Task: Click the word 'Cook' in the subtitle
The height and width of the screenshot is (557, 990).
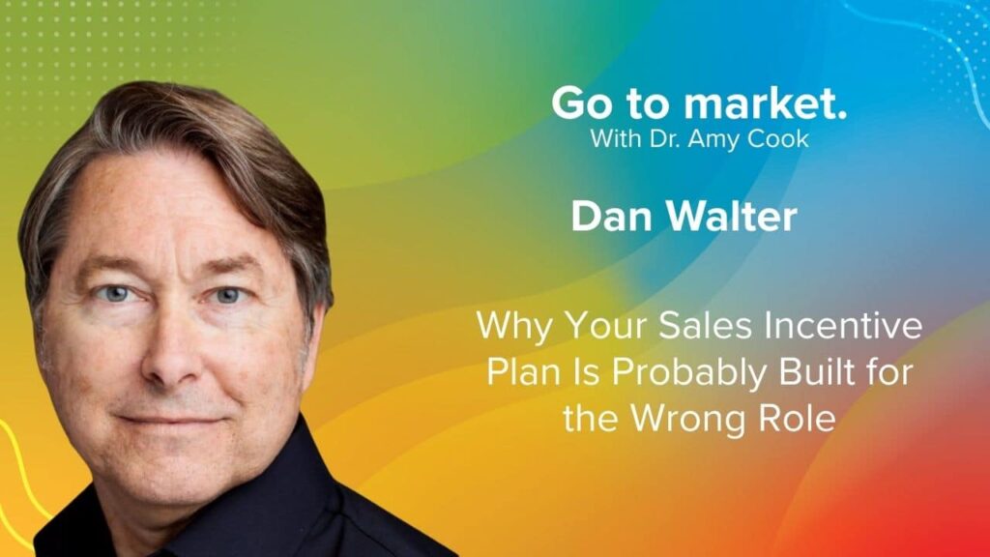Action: click(x=778, y=138)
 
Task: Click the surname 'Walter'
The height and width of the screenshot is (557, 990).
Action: click(x=732, y=217)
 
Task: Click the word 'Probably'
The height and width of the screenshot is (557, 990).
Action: click(x=689, y=373)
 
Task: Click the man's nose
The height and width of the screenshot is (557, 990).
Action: click(x=170, y=350)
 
